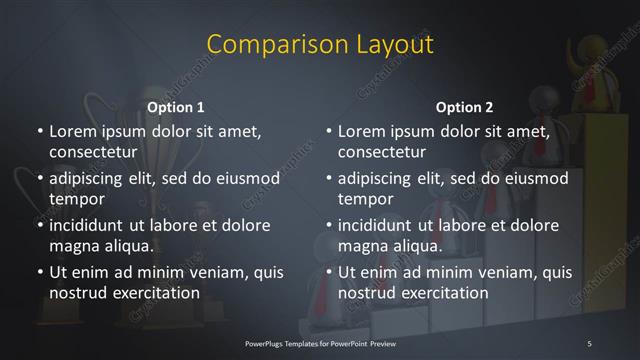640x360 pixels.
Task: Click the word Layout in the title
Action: tap(394, 45)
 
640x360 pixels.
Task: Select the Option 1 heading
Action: tap(176, 107)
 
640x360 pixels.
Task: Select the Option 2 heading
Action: tap(465, 107)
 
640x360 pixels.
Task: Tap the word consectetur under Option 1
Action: tap(91, 153)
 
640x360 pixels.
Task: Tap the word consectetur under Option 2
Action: tap(382, 153)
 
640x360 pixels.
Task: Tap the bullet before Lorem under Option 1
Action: tap(38, 132)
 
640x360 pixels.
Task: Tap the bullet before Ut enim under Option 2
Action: tap(329, 272)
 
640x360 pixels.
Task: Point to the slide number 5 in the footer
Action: tap(590, 343)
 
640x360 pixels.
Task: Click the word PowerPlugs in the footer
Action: tap(266, 343)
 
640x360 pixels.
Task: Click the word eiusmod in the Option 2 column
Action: tap(538, 179)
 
